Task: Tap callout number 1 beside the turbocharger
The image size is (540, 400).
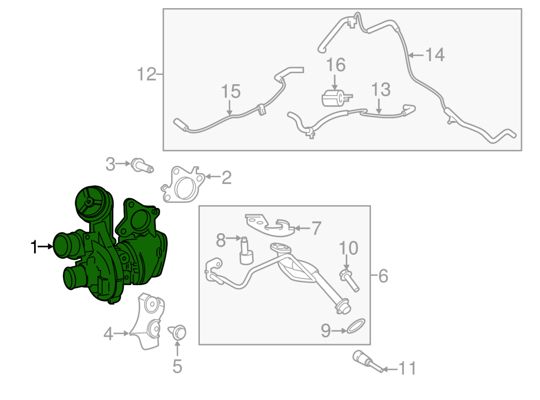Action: tap(33, 247)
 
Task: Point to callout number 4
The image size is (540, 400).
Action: tap(108, 334)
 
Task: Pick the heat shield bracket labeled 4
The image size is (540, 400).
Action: tap(147, 322)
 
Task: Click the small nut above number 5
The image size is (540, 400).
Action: tap(178, 332)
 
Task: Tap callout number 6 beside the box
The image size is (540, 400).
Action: tap(383, 276)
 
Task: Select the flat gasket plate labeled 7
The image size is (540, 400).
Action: tap(269, 226)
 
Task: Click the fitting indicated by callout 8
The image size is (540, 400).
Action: tap(246, 251)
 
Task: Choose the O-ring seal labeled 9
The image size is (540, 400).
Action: tap(356, 326)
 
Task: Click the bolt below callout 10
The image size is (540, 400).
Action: tap(349, 281)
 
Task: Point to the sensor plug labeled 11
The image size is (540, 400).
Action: tap(367, 362)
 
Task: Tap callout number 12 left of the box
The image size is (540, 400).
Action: tap(146, 74)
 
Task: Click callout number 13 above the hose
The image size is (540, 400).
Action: tap(381, 90)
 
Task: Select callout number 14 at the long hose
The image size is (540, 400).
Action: tap(435, 55)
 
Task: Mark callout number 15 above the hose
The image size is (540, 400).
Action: tap(231, 92)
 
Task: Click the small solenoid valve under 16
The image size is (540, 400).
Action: tap(336, 98)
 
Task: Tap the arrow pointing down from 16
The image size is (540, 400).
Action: tap(334, 83)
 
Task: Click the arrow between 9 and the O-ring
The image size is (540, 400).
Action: tap(339, 331)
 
